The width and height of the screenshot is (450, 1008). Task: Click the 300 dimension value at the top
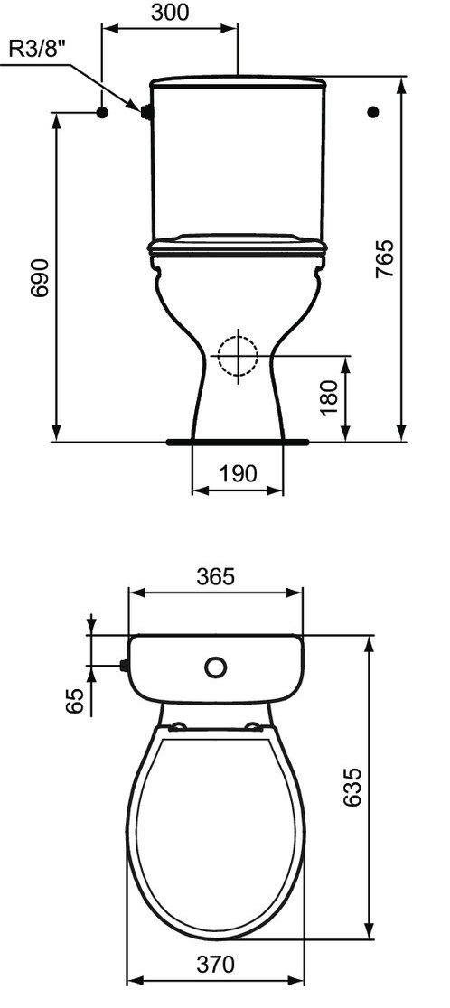click(171, 13)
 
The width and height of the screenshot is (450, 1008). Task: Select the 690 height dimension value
click(41, 277)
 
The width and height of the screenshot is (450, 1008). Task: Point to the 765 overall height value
click(384, 258)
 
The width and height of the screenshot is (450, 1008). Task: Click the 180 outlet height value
click(329, 398)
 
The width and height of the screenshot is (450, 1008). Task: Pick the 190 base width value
click(238, 474)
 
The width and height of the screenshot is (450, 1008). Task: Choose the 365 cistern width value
click(215, 577)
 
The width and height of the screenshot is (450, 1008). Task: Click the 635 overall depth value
click(352, 787)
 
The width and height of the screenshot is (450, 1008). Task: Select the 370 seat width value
click(215, 965)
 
